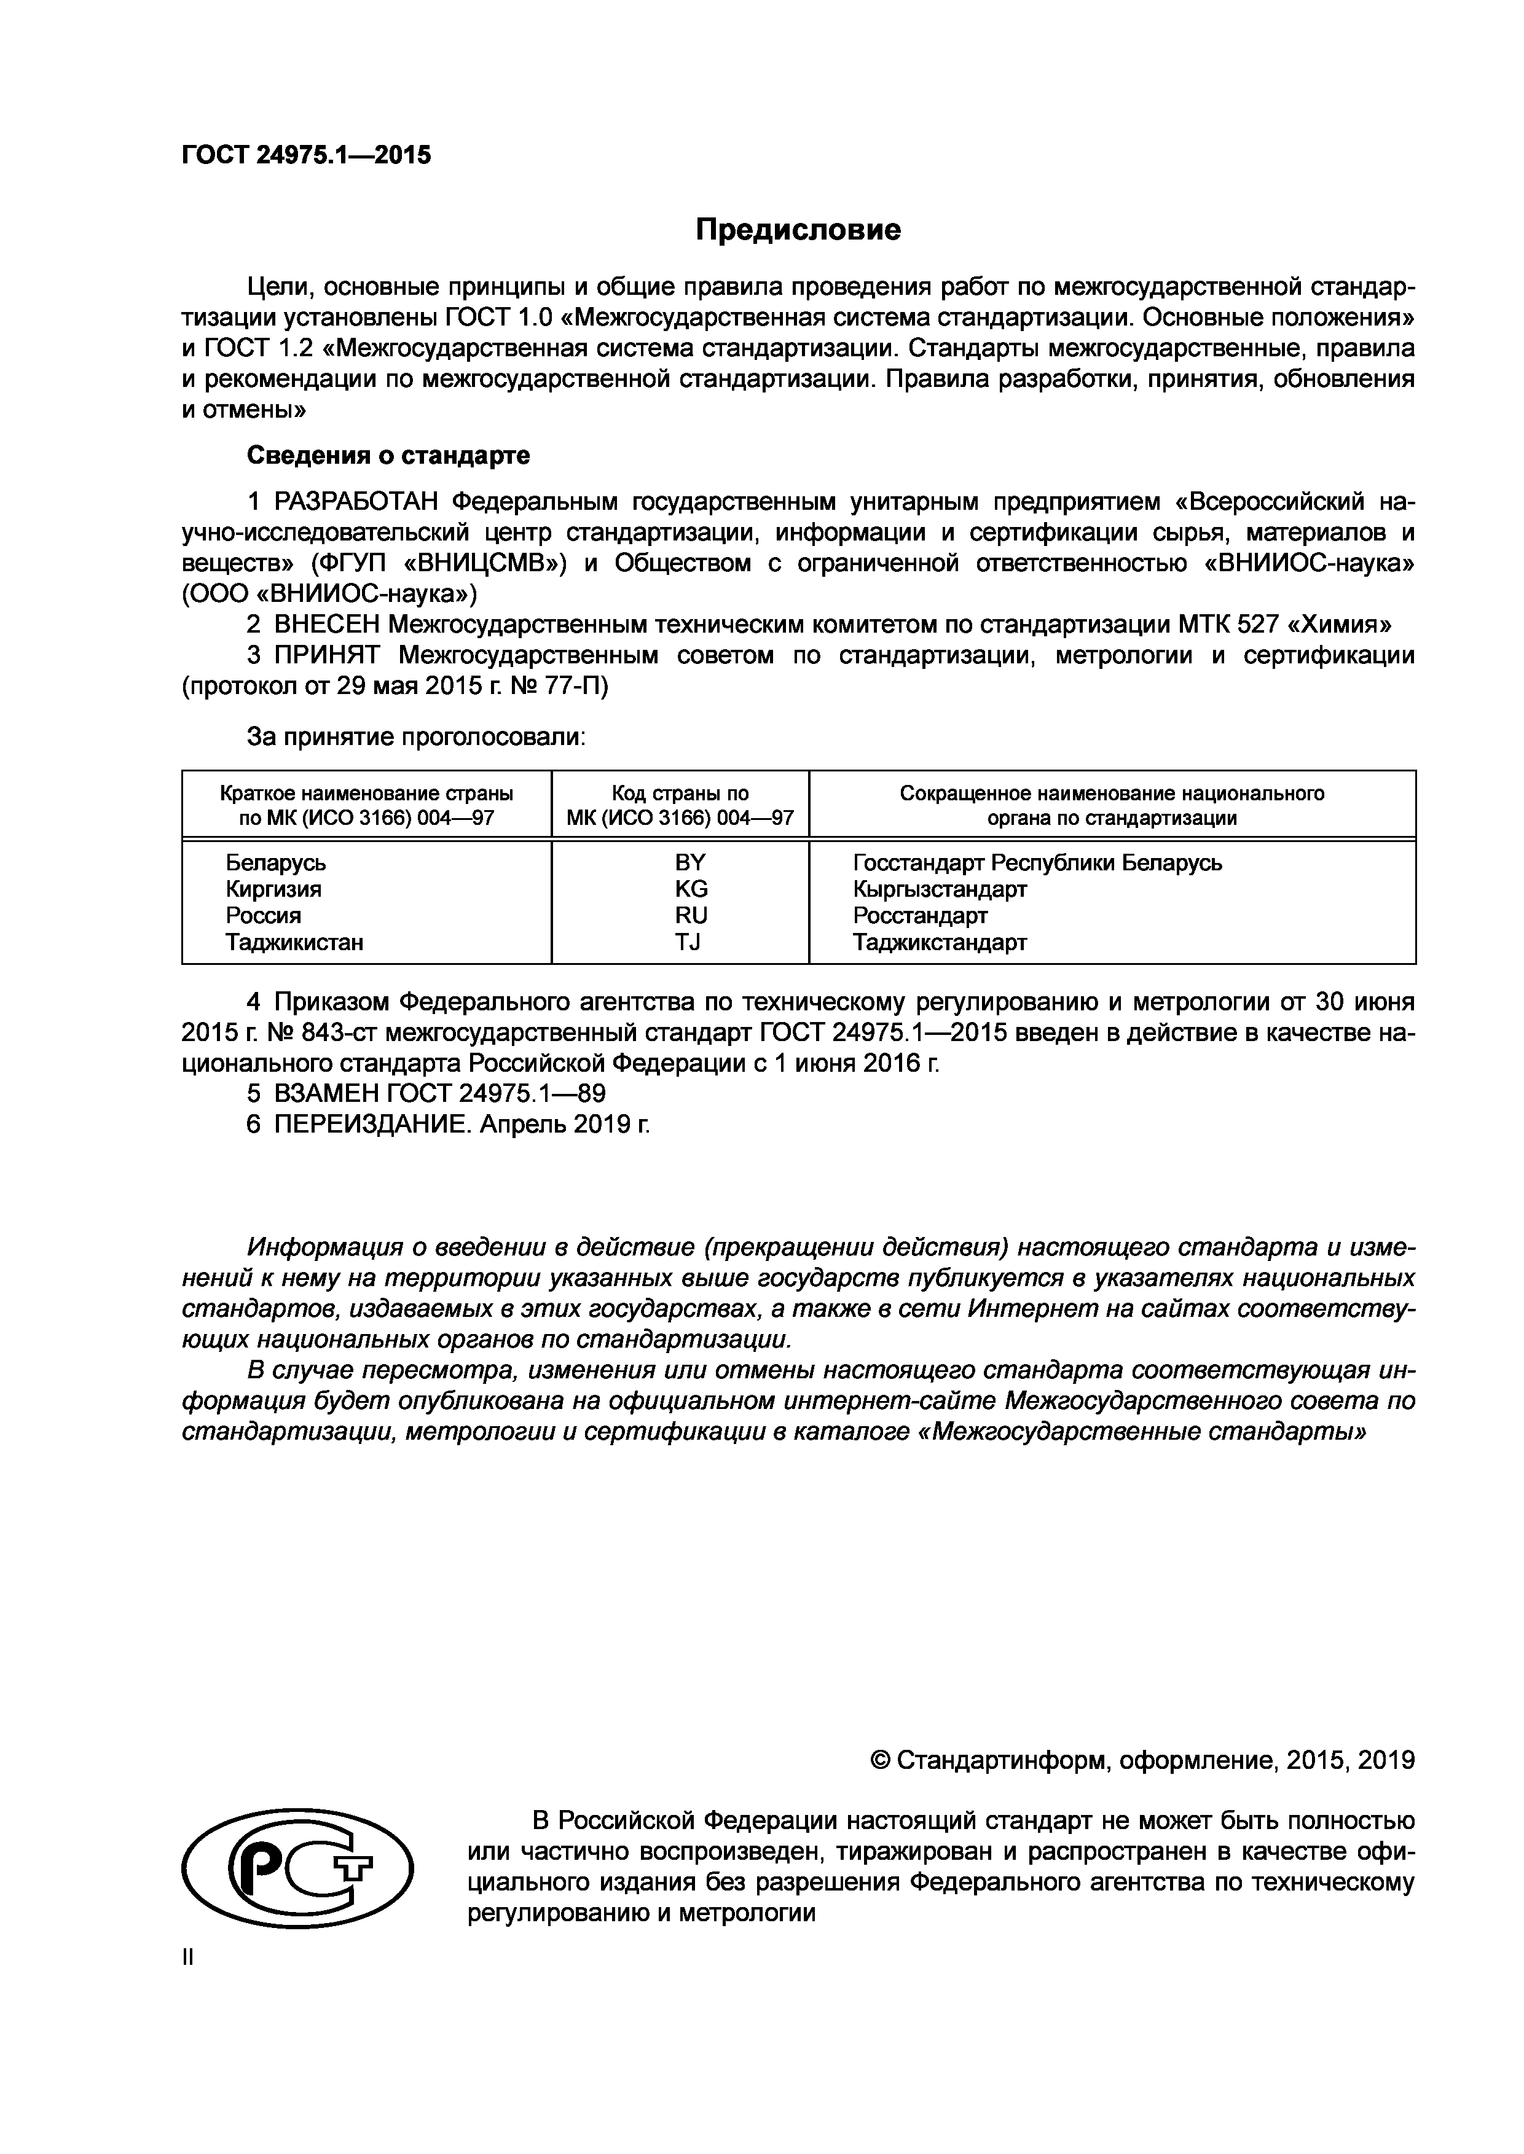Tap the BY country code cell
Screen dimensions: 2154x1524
691,862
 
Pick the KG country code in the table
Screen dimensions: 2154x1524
691,888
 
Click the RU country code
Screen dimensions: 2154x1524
691,915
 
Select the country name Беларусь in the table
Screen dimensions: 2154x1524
276,862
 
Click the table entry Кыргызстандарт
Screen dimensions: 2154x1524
940,888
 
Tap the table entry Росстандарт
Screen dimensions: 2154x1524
920,915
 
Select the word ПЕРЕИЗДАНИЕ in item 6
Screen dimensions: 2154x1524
372,1124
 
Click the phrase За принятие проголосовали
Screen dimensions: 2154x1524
416,738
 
